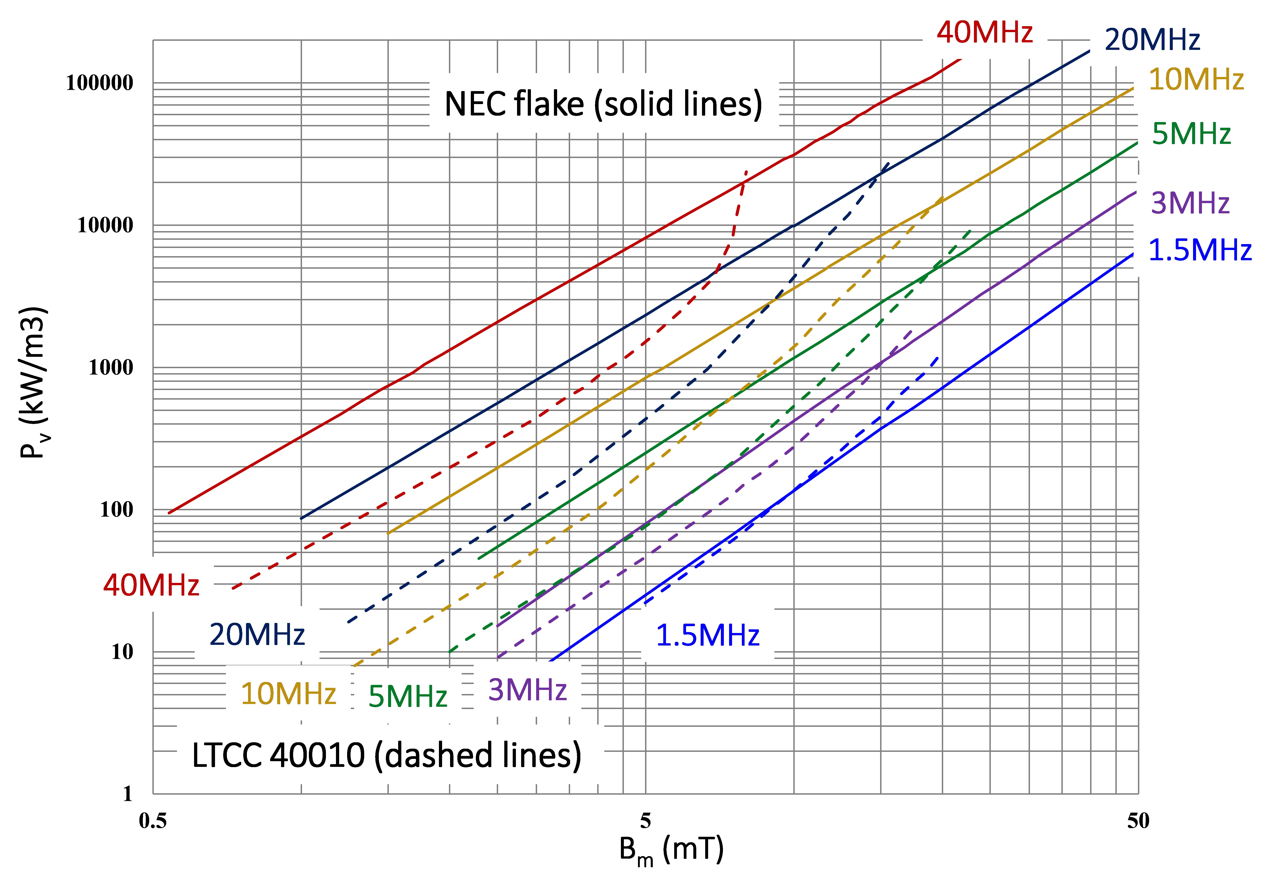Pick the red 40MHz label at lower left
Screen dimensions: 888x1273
click(151, 585)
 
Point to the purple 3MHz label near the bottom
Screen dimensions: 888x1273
click(527, 690)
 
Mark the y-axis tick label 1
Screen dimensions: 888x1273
click(128, 794)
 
